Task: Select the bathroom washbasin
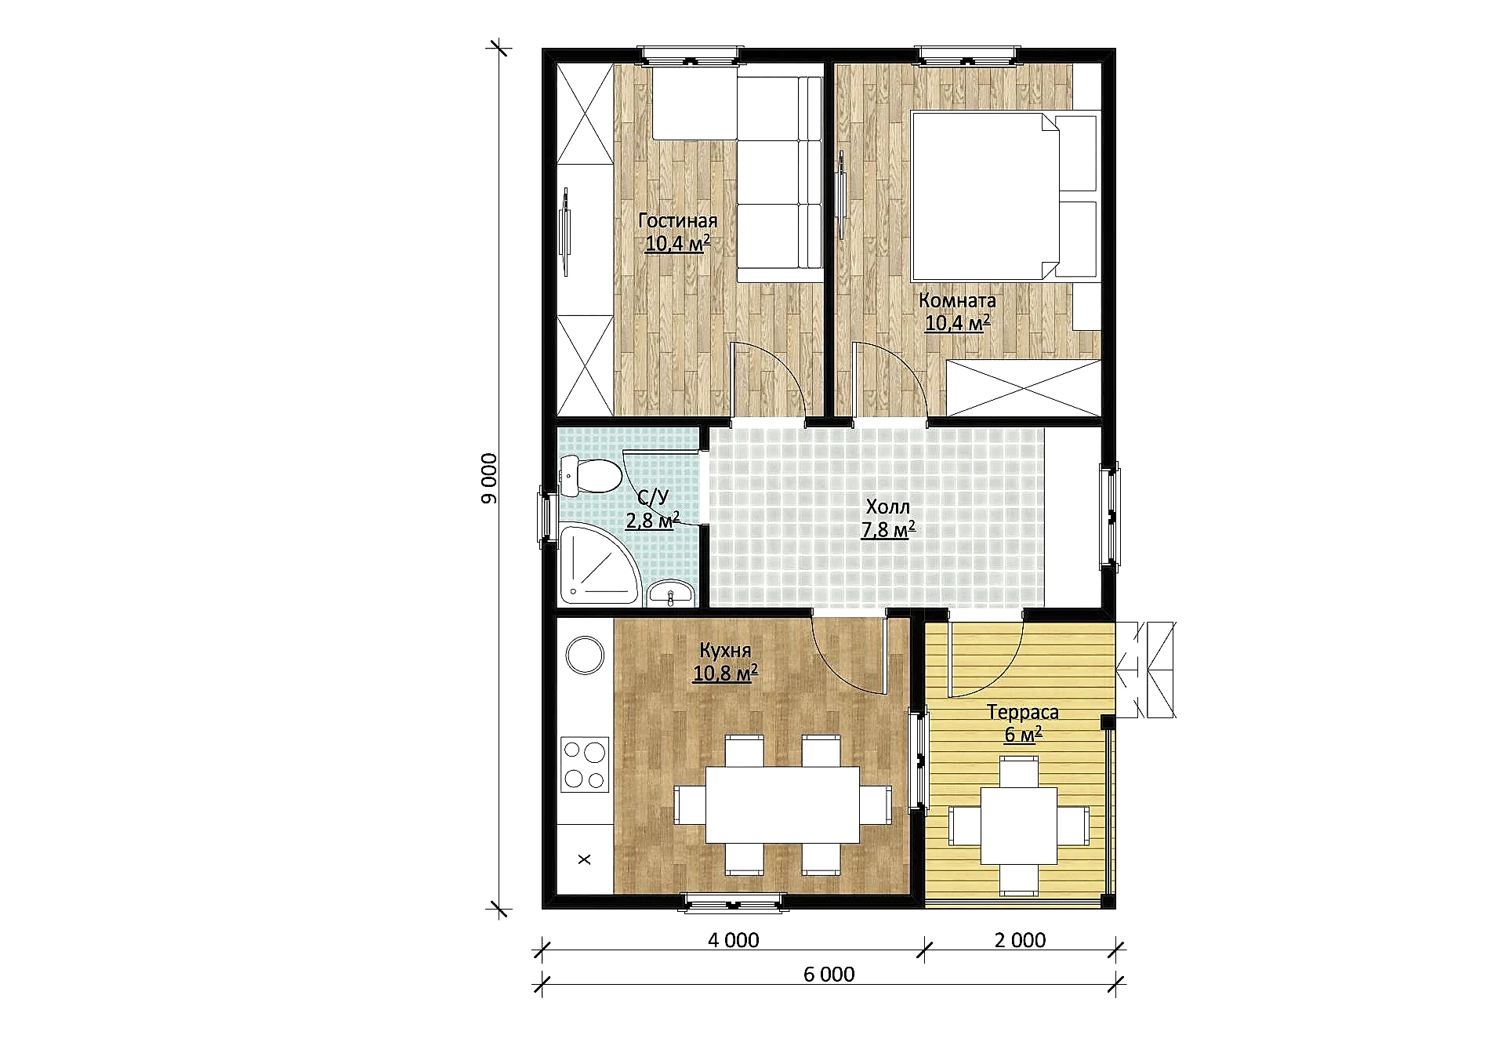671,594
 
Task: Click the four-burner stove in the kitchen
585,764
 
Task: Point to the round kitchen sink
585,655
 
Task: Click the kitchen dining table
783,804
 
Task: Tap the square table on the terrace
1019,826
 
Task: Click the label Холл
888,507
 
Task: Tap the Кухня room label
725,651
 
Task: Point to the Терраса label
1022,713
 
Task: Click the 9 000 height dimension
488,478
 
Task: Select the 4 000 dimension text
734,940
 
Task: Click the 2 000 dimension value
1020,940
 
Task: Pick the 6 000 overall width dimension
829,975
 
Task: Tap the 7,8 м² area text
888,530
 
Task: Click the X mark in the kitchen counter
584,859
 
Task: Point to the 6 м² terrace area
1023,735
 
